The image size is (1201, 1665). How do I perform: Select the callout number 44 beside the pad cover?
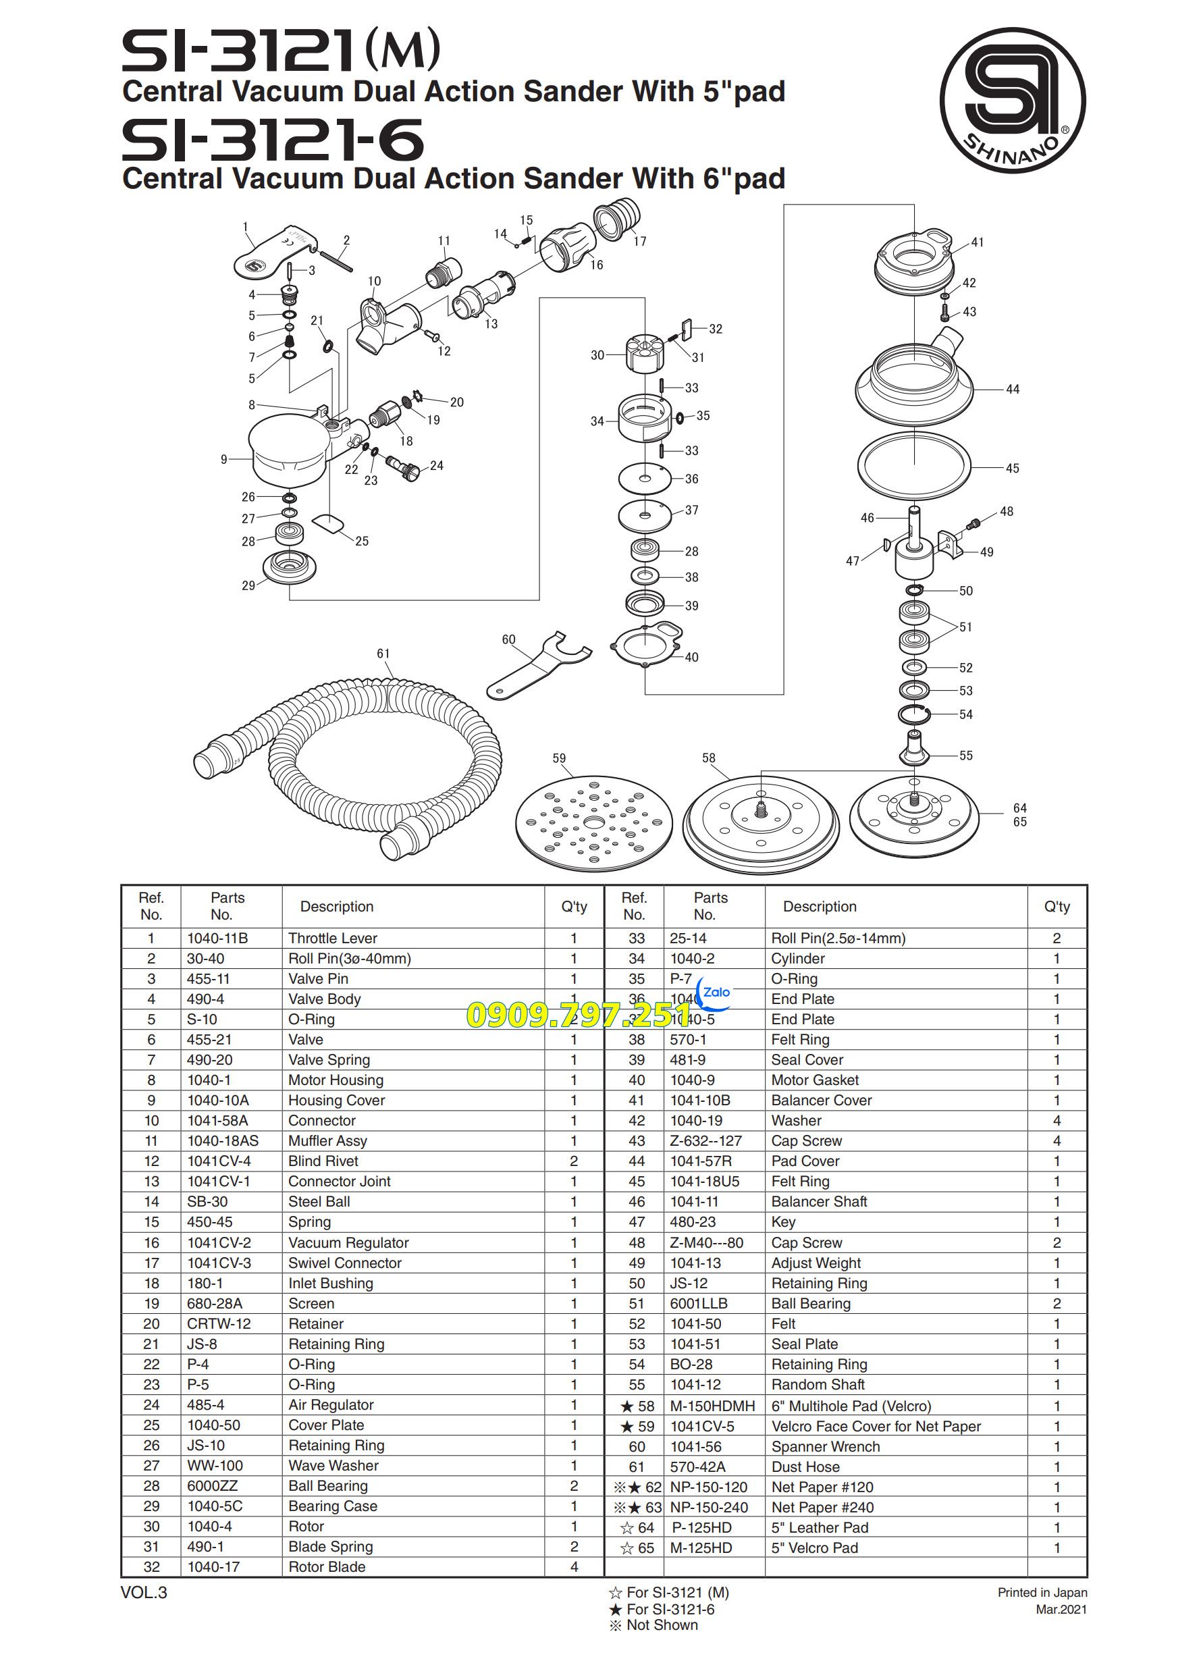click(x=1013, y=389)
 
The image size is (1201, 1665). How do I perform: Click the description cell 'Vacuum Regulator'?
click(x=348, y=1243)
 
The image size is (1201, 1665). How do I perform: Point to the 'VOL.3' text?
click(x=144, y=1592)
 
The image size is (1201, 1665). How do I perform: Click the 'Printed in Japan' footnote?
click(x=1042, y=1592)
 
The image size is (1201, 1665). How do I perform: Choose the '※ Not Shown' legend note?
click(x=653, y=1624)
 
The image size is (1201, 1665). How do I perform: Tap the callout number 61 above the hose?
click(x=383, y=654)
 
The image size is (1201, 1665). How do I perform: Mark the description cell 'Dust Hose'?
click(x=805, y=1466)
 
